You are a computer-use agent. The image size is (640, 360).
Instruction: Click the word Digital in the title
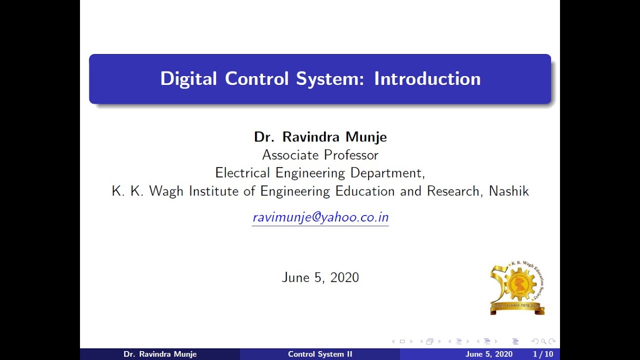188,79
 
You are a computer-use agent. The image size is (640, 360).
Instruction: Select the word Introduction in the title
427,79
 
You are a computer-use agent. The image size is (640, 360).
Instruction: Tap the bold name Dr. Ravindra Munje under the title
320,137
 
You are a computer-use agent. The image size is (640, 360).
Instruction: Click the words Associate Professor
320,155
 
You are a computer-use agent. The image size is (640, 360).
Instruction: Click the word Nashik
508,191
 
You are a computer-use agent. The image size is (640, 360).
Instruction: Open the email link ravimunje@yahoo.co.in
320,217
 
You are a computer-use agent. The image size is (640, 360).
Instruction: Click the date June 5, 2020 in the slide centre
320,277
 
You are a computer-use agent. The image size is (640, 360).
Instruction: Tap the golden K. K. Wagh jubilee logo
517,288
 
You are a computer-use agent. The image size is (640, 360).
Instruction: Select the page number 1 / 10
542,354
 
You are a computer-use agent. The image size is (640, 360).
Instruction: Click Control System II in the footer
320,354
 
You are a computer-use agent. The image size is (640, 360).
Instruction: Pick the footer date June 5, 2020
488,354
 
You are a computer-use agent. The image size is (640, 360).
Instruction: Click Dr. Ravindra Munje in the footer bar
160,354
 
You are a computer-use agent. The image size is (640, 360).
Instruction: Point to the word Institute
213,191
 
